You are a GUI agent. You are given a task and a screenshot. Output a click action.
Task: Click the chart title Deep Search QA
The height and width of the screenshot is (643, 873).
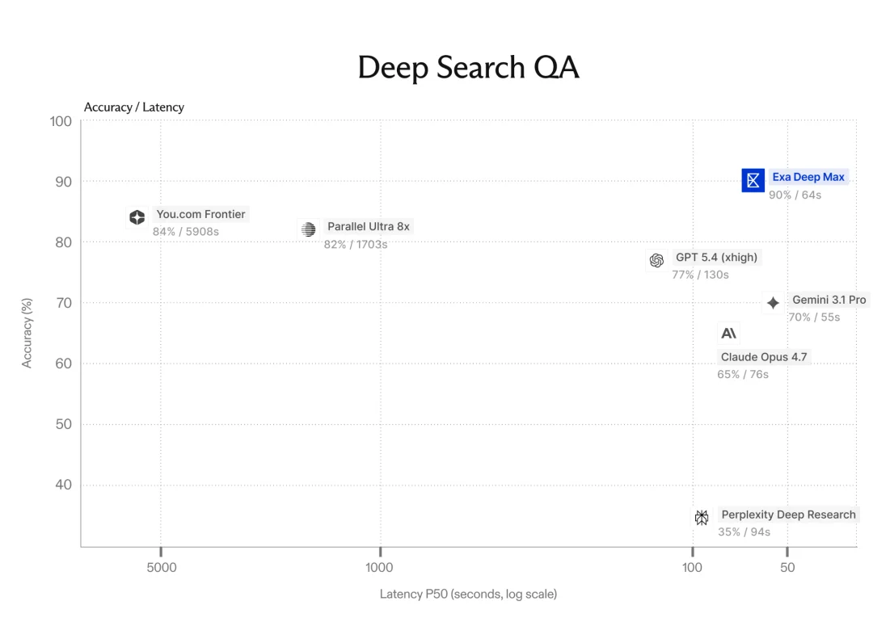pyautogui.click(x=468, y=67)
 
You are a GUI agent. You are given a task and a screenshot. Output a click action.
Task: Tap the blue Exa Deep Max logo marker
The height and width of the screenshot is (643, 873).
pyautogui.click(x=753, y=180)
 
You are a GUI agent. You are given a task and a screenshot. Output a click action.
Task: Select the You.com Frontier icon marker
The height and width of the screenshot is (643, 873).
pyautogui.click(x=137, y=217)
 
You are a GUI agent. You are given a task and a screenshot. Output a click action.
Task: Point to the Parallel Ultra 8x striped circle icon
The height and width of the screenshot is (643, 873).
pyautogui.click(x=309, y=229)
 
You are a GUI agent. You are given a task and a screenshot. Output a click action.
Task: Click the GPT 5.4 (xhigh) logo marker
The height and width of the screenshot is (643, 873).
pyautogui.click(x=656, y=260)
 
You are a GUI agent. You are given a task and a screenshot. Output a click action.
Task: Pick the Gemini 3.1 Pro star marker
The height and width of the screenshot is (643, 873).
pyautogui.click(x=773, y=303)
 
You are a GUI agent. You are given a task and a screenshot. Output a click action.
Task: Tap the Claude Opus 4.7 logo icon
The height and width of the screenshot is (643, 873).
pyautogui.click(x=728, y=333)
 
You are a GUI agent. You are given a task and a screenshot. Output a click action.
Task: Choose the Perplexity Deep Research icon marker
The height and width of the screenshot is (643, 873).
pyautogui.click(x=702, y=517)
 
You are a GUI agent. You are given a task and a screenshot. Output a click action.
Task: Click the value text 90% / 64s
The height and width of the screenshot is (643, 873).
pyautogui.click(x=795, y=195)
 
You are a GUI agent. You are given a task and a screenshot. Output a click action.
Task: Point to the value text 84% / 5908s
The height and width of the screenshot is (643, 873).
pyautogui.click(x=186, y=231)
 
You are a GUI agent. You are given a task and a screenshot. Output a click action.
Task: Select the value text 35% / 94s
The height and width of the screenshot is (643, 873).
pyautogui.click(x=744, y=532)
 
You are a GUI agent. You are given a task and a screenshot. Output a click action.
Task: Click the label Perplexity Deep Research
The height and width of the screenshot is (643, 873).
pyautogui.click(x=788, y=515)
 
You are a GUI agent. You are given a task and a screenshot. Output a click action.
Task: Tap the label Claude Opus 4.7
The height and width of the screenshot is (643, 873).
pyautogui.click(x=764, y=357)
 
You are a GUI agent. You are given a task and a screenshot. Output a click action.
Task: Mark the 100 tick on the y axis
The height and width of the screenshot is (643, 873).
pyautogui.click(x=61, y=121)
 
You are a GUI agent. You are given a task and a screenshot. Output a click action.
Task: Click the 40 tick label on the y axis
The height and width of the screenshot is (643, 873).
pyautogui.click(x=64, y=485)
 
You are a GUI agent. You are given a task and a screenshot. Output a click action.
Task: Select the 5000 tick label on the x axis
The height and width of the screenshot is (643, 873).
pyautogui.click(x=162, y=567)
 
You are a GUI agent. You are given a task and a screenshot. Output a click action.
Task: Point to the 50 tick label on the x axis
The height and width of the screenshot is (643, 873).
pyautogui.click(x=787, y=567)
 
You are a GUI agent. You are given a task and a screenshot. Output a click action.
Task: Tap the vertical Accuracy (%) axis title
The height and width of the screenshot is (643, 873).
pyautogui.click(x=27, y=333)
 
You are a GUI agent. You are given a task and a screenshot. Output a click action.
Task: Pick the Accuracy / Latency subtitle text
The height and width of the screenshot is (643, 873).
pyautogui.click(x=133, y=107)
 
